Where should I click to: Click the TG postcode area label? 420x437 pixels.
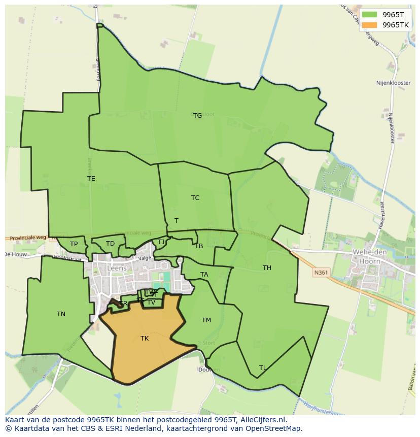pyautogui.click(x=197, y=116)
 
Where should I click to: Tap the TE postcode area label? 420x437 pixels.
pyautogui.click(x=91, y=179)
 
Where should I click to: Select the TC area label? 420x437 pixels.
pyautogui.click(x=195, y=198)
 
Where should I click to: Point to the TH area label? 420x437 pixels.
pyautogui.click(x=267, y=268)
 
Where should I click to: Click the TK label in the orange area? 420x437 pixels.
pyautogui.click(x=145, y=339)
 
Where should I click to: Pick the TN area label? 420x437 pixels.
pyautogui.click(x=61, y=314)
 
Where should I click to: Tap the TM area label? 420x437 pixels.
pyautogui.click(x=206, y=320)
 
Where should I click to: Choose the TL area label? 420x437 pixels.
pyautogui.click(x=262, y=368)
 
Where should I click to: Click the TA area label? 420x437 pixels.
pyautogui.click(x=204, y=275)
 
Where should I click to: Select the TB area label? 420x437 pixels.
pyautogui.click(x=199, y=246)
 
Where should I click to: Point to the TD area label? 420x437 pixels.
pyautogui.click(x=110, y=244)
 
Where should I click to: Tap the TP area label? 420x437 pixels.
pyautogui.click(x=74, y=244)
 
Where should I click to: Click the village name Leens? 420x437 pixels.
pyautogui.click(x=117, y=268)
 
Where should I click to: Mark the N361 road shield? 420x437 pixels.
pyautogui.click(x=320, y=273)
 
